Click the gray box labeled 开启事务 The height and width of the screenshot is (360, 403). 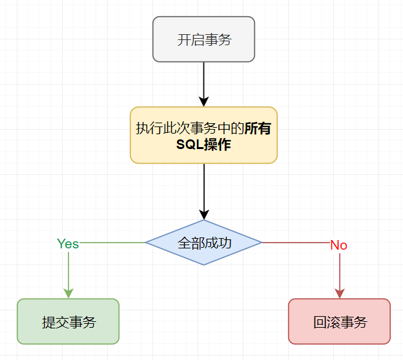[x=203, y=39]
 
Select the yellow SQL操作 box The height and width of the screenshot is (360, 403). [x=203, y=135]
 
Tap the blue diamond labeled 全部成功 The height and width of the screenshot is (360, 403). [x=203, y=243]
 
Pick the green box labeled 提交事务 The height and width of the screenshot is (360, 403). [x=68, y=321]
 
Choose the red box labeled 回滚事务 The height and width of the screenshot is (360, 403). [x=339, y=321]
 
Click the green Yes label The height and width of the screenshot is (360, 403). [x=68, y=243]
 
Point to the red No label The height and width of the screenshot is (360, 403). [x=338, y=245]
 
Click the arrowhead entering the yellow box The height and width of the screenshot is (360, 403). [x=203, y=101]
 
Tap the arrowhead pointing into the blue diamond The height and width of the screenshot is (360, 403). [x=203, y=215]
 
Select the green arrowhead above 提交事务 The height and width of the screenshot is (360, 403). [x=68, y=294]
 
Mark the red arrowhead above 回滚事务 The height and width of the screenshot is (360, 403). [x=339, y=294]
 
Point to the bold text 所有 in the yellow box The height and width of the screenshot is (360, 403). [x=258, y=128]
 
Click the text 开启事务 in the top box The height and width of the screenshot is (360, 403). [x=204, y=40]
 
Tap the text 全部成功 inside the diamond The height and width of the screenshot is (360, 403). [x=204, y=243]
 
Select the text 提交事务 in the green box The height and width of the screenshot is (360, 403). [x=68, y=322]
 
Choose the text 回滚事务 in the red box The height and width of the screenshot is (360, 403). [x=340, y=322]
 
